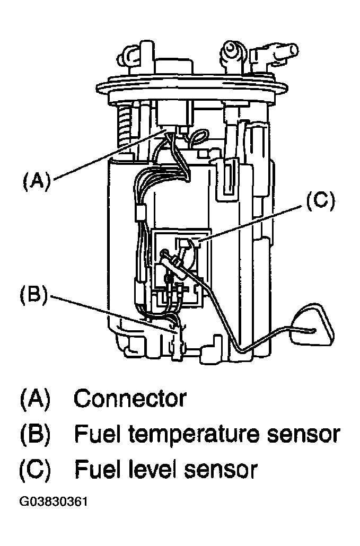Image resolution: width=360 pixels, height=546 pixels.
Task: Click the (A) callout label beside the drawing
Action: (37, 182)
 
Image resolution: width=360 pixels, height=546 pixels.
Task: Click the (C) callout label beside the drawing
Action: (320, 201)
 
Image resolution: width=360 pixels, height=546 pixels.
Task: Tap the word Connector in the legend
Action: (130, 398)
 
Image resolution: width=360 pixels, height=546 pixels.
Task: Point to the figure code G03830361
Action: (53, 502)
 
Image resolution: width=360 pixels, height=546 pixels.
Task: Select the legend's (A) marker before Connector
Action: (35, 398)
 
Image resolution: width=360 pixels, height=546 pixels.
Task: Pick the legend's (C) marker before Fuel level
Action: (35, 470)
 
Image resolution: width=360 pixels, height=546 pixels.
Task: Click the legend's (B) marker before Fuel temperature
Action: (35, 434)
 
